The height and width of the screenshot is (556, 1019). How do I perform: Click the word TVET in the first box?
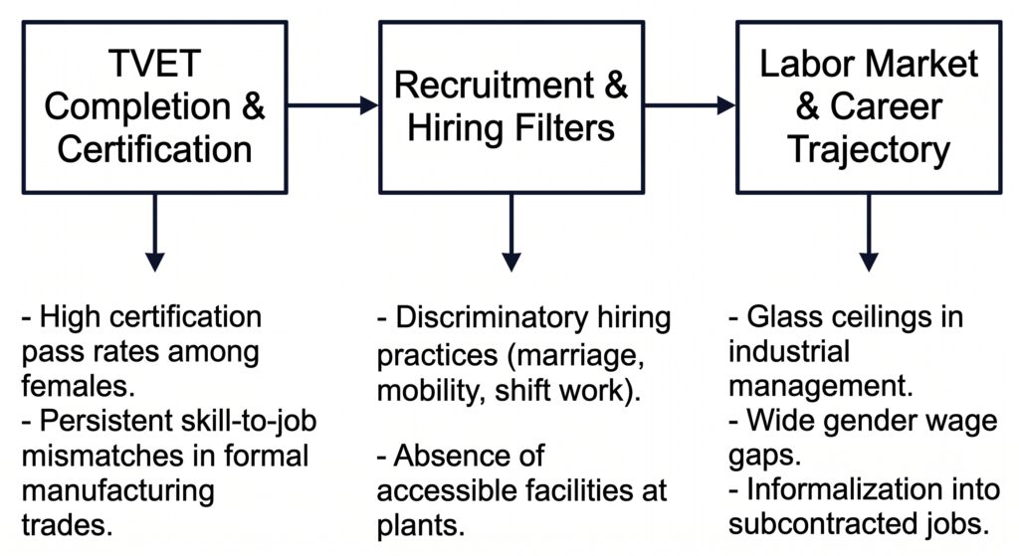click(x=154, y=63)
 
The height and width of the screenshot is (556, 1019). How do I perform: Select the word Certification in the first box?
click(x=154, y=149)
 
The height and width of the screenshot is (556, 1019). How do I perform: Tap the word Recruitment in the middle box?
click(x=494, y=86)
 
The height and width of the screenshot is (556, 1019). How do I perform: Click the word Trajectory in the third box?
click(x=869, y=151)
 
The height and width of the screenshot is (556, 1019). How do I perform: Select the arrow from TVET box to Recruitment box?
click(x=332, y=105)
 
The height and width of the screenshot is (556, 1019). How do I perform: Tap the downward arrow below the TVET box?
click(x=154, y=232)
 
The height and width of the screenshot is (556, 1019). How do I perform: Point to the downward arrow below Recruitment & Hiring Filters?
click(x=511, y=232)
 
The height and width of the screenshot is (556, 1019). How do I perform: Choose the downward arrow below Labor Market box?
click(x=869, y=232)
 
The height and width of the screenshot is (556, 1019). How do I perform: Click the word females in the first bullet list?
click(x=78, y=386)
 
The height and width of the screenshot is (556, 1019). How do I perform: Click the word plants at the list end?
click(x=421, y=525)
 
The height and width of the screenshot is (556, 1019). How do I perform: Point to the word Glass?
click(x=783, y=317)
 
